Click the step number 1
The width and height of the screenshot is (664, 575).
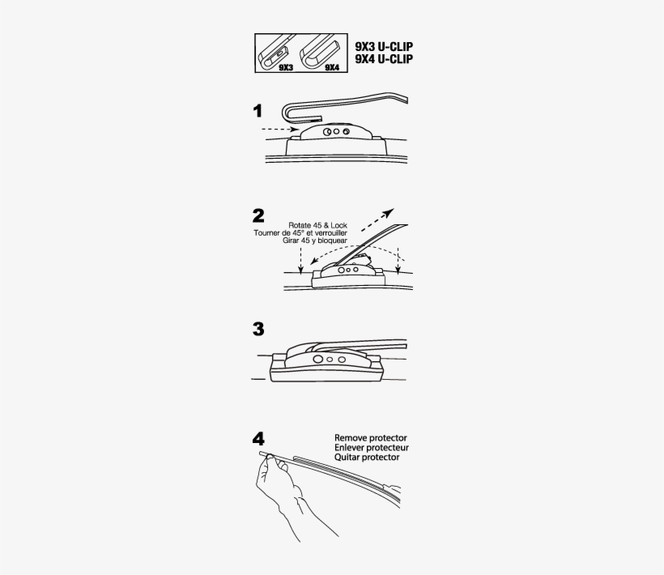(x=258, y=112)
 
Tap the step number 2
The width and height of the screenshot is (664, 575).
(x=258, y=216)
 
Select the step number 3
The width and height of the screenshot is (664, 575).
(x=258, y=329)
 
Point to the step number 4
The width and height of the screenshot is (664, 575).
(x=258, y=439)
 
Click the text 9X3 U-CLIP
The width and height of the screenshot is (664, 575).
(x=384, y=47)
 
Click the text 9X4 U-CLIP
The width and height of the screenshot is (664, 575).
(x=384, y=59)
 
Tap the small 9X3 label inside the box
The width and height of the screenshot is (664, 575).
(x=286, y=67)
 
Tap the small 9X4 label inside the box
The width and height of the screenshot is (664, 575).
(x=332, y=67)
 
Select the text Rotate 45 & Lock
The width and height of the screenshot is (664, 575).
(x=317, y=225)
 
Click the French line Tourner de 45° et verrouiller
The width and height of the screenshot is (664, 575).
(x=300, y=233)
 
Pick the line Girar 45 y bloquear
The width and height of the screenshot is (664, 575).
(x=315, y=241)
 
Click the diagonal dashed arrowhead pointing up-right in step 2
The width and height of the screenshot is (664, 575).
(x=389, y=212)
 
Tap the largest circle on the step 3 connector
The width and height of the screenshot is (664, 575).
(x=317, y=360)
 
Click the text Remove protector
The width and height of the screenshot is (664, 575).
(x=371, y=438)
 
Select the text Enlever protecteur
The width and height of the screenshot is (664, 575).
(x=372, y=448)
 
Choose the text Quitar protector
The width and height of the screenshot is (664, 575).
(x=367, y=458)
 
